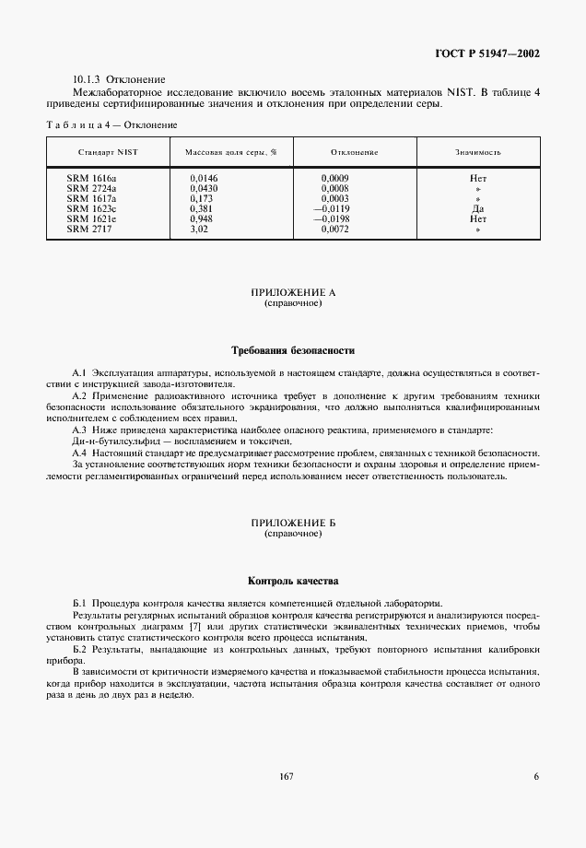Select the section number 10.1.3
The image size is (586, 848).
pos(88,80)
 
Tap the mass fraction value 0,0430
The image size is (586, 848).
pos(204,187)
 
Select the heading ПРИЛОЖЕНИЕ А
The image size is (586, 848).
pos(293,292)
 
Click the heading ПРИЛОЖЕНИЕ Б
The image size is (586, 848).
pos(293,523)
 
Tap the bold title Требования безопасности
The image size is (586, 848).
pos(293,350)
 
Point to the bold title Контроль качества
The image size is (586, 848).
pos(293,581)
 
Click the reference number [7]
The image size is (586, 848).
pos(194,627)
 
